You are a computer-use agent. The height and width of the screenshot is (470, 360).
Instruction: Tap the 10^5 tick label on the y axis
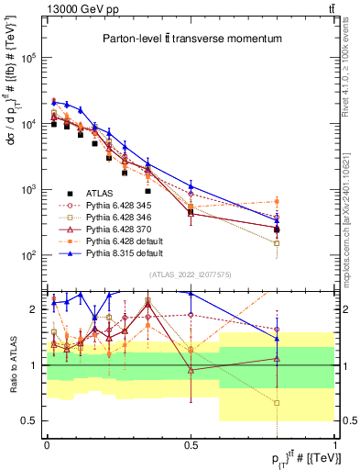point(29,57)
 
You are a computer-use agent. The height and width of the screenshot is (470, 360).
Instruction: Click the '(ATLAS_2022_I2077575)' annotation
point(190,274)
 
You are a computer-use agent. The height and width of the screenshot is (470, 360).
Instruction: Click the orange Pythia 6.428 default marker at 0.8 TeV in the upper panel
point(277,201)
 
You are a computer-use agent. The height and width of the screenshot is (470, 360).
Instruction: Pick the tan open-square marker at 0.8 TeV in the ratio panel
point(277,403)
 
